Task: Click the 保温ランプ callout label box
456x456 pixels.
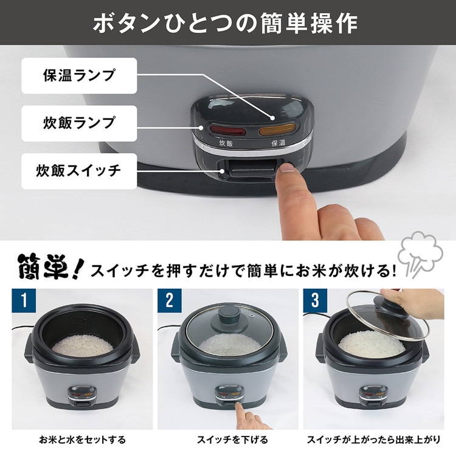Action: click(x=79, y=75)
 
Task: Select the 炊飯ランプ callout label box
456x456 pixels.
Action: click(x=79, y=123)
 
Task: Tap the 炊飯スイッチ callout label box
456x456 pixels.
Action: click(x=79, y=171)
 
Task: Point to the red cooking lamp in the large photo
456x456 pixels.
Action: click(x=228, y=131)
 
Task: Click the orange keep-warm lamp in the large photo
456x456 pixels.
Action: click(x=277, y=130)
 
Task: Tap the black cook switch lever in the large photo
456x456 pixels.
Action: click(x=252, y=170)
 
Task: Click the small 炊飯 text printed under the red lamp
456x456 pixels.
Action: click(x=226, y=143)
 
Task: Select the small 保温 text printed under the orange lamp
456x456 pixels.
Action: click(x=278, y=143)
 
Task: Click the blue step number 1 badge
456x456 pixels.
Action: click(x=24, y=300)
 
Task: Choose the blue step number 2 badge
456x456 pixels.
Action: click(x=170, y=300)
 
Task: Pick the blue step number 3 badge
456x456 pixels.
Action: click(x=315, y=300)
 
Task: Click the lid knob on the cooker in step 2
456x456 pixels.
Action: click(x=229, y=314)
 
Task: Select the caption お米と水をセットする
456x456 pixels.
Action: click(x=82, y=440)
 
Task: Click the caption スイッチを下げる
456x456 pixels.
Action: click(x=232, y=440)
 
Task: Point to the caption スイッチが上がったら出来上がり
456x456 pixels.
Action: click(x=374, y=440)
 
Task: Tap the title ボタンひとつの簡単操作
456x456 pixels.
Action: click(x=226, y=23)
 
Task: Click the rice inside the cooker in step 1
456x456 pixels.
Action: click(x=83, y=345)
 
